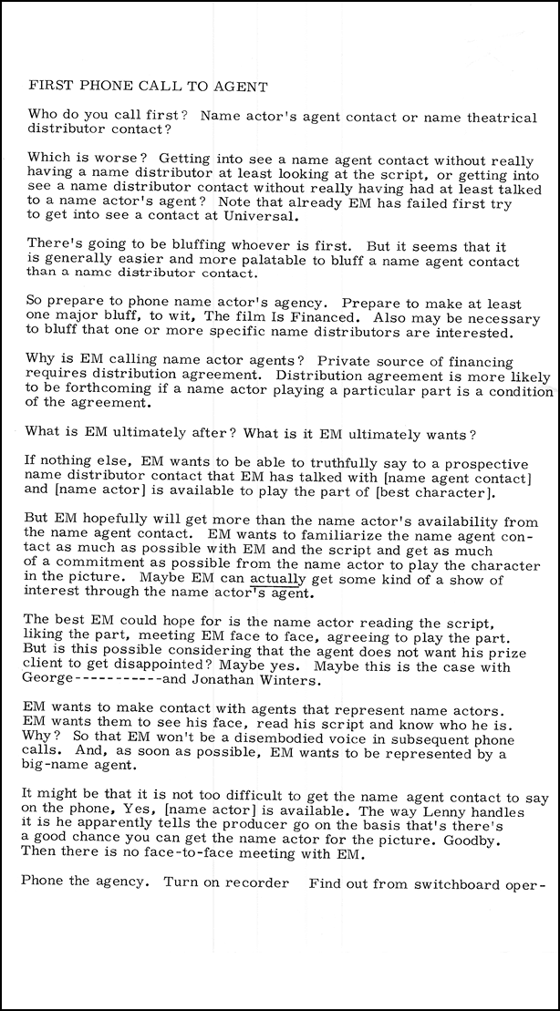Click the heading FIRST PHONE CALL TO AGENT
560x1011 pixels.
(x=148, y=87)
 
